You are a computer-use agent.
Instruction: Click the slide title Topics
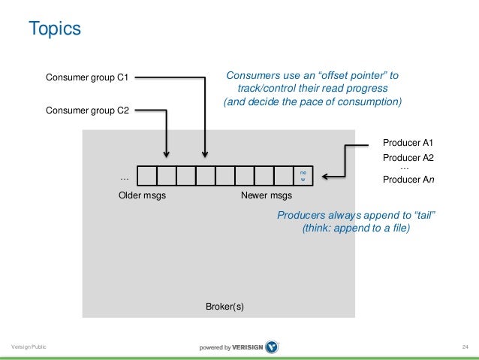tap(54, 29)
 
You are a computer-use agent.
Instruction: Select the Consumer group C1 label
tap(88, 77)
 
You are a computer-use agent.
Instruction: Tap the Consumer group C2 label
tap(88, 110)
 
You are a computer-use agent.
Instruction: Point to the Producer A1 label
tap(408, 142)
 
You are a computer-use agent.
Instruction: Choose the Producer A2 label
tap(408, 158)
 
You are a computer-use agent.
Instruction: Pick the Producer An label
tap(408, 180)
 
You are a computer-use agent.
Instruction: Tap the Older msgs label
tap(143, 196)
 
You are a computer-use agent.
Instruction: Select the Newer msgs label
tap(266, 196)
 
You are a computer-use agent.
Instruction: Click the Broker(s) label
tap(225, 307)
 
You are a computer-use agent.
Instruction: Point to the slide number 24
tap(465, 346)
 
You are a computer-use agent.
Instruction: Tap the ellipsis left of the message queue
tap(125, 179)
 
